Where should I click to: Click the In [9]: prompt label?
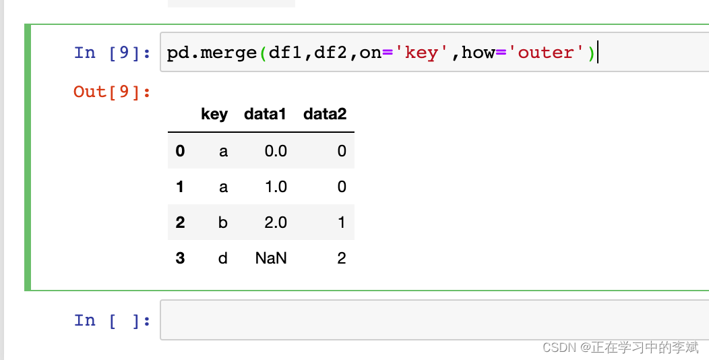(113, 53)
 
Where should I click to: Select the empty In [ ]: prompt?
(113, 320)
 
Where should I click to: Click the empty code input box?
(431, 320)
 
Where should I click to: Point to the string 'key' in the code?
(422, 53)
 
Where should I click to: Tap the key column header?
(214, 115)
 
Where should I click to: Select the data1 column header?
(265, 115)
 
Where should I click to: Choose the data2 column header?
(325, 115)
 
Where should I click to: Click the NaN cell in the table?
(271, 258)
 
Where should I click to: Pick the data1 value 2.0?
(276, 222)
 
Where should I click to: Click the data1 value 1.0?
(276, 187)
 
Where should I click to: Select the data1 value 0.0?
(276, 151)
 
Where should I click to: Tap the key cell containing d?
(223, 258)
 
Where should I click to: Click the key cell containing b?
(223, 222)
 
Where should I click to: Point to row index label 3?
(180, 258)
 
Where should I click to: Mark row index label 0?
(180, 151)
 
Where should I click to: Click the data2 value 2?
(342, 258)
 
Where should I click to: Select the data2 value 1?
(342, 222)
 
